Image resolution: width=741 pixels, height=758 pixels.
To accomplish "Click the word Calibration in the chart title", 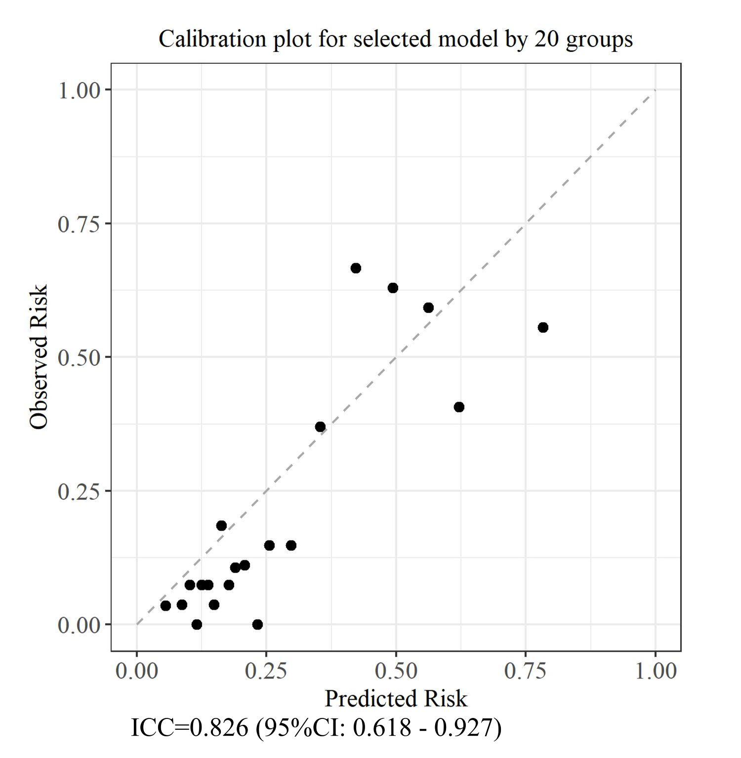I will click(x=212, y=39).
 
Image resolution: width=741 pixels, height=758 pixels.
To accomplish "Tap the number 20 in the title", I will click(x=545, y=39).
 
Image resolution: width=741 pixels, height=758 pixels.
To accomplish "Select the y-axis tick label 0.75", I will click(x=79, y=224).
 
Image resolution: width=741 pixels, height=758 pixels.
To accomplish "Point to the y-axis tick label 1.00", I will click(x=79, y=90).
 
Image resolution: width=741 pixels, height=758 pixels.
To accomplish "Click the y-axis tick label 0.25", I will click(x=79, y=491).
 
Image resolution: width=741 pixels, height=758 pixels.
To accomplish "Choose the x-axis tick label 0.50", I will click(x=396, y=671).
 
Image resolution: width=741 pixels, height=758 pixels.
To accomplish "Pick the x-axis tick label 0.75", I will click(x=525, y=671).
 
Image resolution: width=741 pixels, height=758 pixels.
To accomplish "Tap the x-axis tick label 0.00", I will click(x=137, y=671).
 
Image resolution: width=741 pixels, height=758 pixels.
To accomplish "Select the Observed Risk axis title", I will click(x=39, y=357).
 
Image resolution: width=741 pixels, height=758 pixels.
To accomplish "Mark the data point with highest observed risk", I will click(x=356, y=268).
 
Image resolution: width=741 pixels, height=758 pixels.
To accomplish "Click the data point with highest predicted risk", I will click(x=543, y=327).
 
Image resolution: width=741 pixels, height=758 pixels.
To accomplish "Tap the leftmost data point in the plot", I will click(x=165, y=606).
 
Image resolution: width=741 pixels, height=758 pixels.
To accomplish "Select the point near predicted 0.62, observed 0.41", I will click(x=459, y=407).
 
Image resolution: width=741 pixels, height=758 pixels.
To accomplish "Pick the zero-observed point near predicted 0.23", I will click(x=257, y=624).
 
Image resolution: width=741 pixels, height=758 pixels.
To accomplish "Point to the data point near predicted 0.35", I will click(x=320, y=427).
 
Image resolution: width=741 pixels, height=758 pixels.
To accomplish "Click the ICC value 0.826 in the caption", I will click(x=219, y=727).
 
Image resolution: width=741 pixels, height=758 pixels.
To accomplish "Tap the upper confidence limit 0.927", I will click(x=464, y=727).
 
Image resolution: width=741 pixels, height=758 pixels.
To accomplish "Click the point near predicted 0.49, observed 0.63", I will click(x=393, y=288).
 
